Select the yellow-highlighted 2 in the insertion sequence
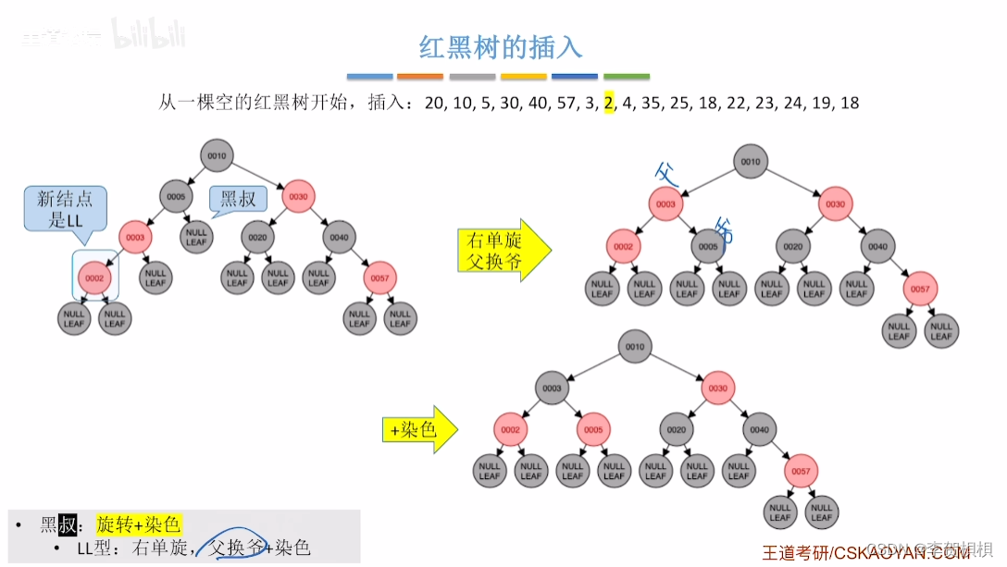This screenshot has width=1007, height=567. click(609, 103)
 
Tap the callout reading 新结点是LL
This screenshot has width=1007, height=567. click(65, 209)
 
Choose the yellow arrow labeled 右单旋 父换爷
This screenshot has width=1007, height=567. click(503, 250)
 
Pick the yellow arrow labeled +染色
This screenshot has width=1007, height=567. click(419, 429)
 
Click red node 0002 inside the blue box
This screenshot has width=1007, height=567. click(94, 277)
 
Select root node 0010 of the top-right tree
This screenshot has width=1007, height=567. click(750, 162)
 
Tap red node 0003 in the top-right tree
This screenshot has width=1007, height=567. click(666, 204)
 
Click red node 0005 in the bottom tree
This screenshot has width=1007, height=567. click(593, 429)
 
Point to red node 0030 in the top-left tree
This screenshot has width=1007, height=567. click(298, 196)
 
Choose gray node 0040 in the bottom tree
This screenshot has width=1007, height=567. click(759, 429)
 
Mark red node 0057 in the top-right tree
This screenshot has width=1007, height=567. click(919, 289)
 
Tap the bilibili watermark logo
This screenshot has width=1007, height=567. click(149, 34)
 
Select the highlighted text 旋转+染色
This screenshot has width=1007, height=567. click(139, 524)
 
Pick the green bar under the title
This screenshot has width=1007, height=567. click(626, 77)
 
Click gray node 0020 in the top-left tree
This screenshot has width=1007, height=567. click(257, 237)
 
